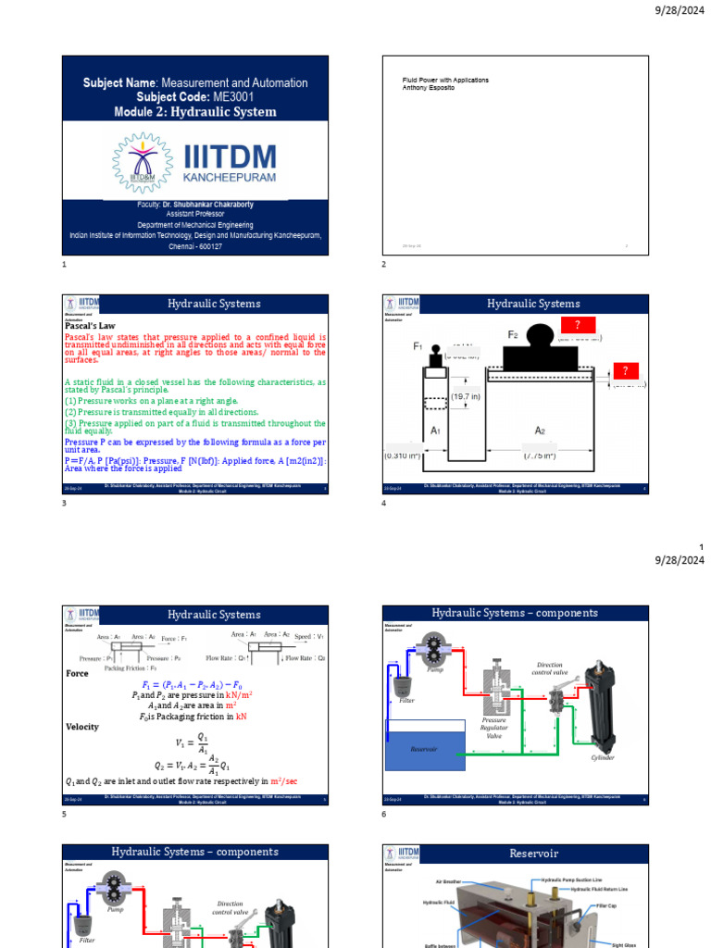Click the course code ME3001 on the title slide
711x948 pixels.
[233, 96]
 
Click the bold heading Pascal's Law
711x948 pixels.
[89, 326]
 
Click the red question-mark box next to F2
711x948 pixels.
[578, 324]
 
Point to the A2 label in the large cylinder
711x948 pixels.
[540, 430]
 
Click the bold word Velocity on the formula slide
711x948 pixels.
[81, 728]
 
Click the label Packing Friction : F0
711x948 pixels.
[131, 667]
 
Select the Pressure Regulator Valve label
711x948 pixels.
[494, 728]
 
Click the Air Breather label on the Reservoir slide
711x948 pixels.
[449, 882]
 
